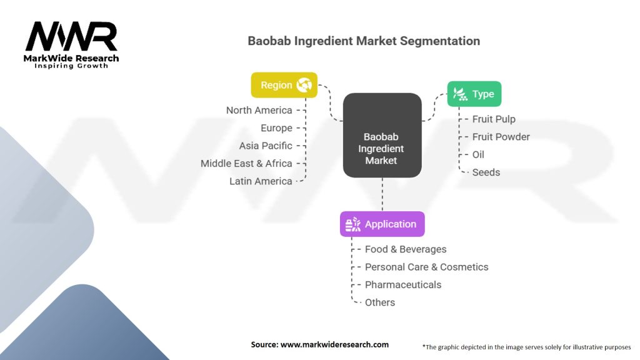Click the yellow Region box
tap(284, 85)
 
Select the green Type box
tap(474, 94)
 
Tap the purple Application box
tap(382, 224)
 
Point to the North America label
tap(259, 110)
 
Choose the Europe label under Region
tap(276, 128)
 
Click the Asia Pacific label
tap(266, 146)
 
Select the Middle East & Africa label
tap(246, 163)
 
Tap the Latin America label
tap(261, 181)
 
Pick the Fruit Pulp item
tap(494, 119)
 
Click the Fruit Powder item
tap(501, 137)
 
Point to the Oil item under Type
tap(478, 154)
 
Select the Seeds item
tap(486, 172)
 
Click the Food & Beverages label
tap(406, 249)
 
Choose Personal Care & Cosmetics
tap(426, 267)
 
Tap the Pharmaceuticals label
tap(403, 284)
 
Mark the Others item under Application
tap(380, 302)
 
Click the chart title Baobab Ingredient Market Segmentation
tap(364, 41)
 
